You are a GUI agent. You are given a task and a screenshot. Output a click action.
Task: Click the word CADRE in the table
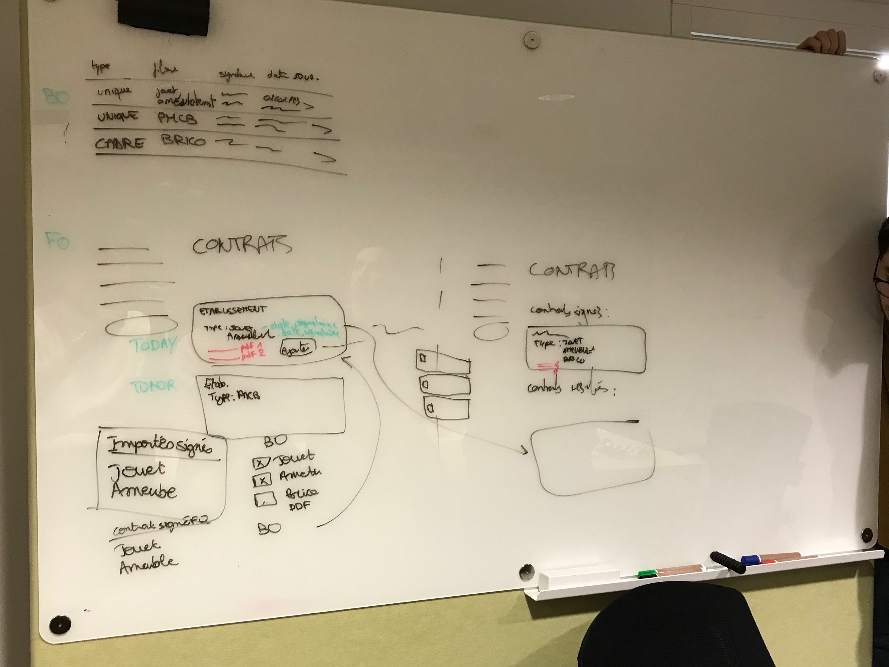(119, 143)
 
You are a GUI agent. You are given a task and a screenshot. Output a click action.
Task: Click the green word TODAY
(153, 345)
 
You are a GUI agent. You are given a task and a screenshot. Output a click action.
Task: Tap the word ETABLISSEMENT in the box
(233, 310)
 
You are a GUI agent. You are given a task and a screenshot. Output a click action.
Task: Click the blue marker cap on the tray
(750, 559)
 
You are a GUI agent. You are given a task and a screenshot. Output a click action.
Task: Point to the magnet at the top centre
(531, 39)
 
